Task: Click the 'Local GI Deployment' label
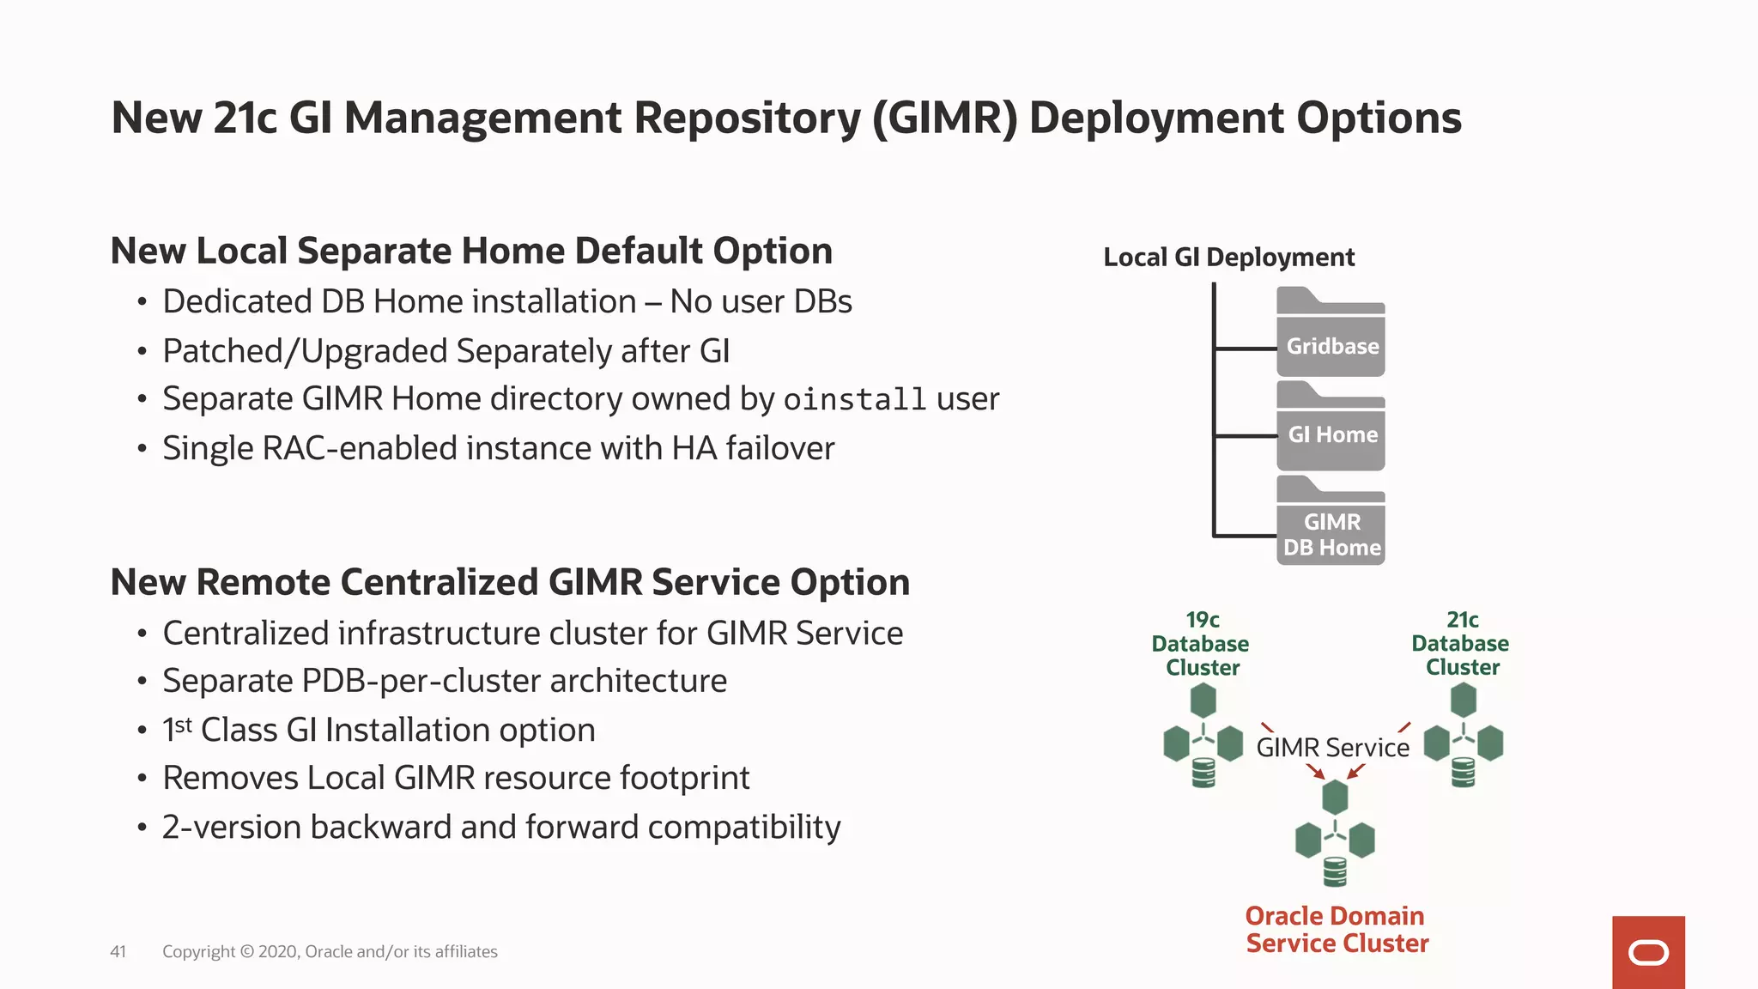coord(1228,257)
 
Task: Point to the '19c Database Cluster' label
coord(1201,644)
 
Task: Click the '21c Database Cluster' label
coord(1461,644)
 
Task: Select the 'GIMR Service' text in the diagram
coord(1332,748)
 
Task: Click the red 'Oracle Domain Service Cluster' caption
coord(1337,930)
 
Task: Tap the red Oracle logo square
coord(1648,952)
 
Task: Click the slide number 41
coord(118,951)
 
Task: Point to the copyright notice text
coord(330,951)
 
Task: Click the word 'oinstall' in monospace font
coord(854,400)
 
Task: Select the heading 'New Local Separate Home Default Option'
coord(471,252)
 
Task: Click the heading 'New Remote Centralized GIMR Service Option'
coord(510,583)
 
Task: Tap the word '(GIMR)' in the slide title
coord(944,118)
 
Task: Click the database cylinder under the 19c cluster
coord(1203,773)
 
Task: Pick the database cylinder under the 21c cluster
coord(1463,773)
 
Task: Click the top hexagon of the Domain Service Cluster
coord(1335,798)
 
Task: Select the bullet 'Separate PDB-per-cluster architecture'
coord(445,681)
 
